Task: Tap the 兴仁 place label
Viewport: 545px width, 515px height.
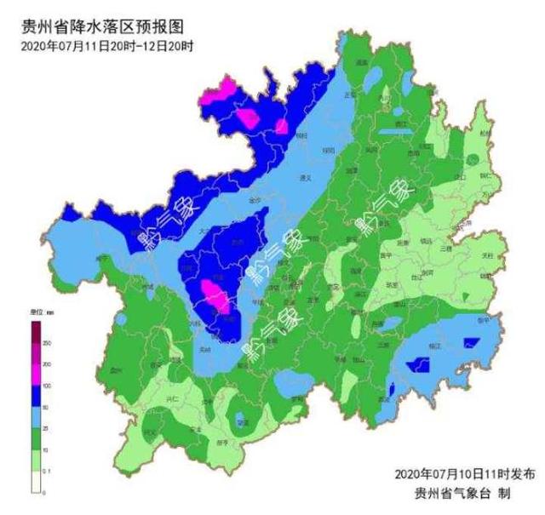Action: coord(175,398)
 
